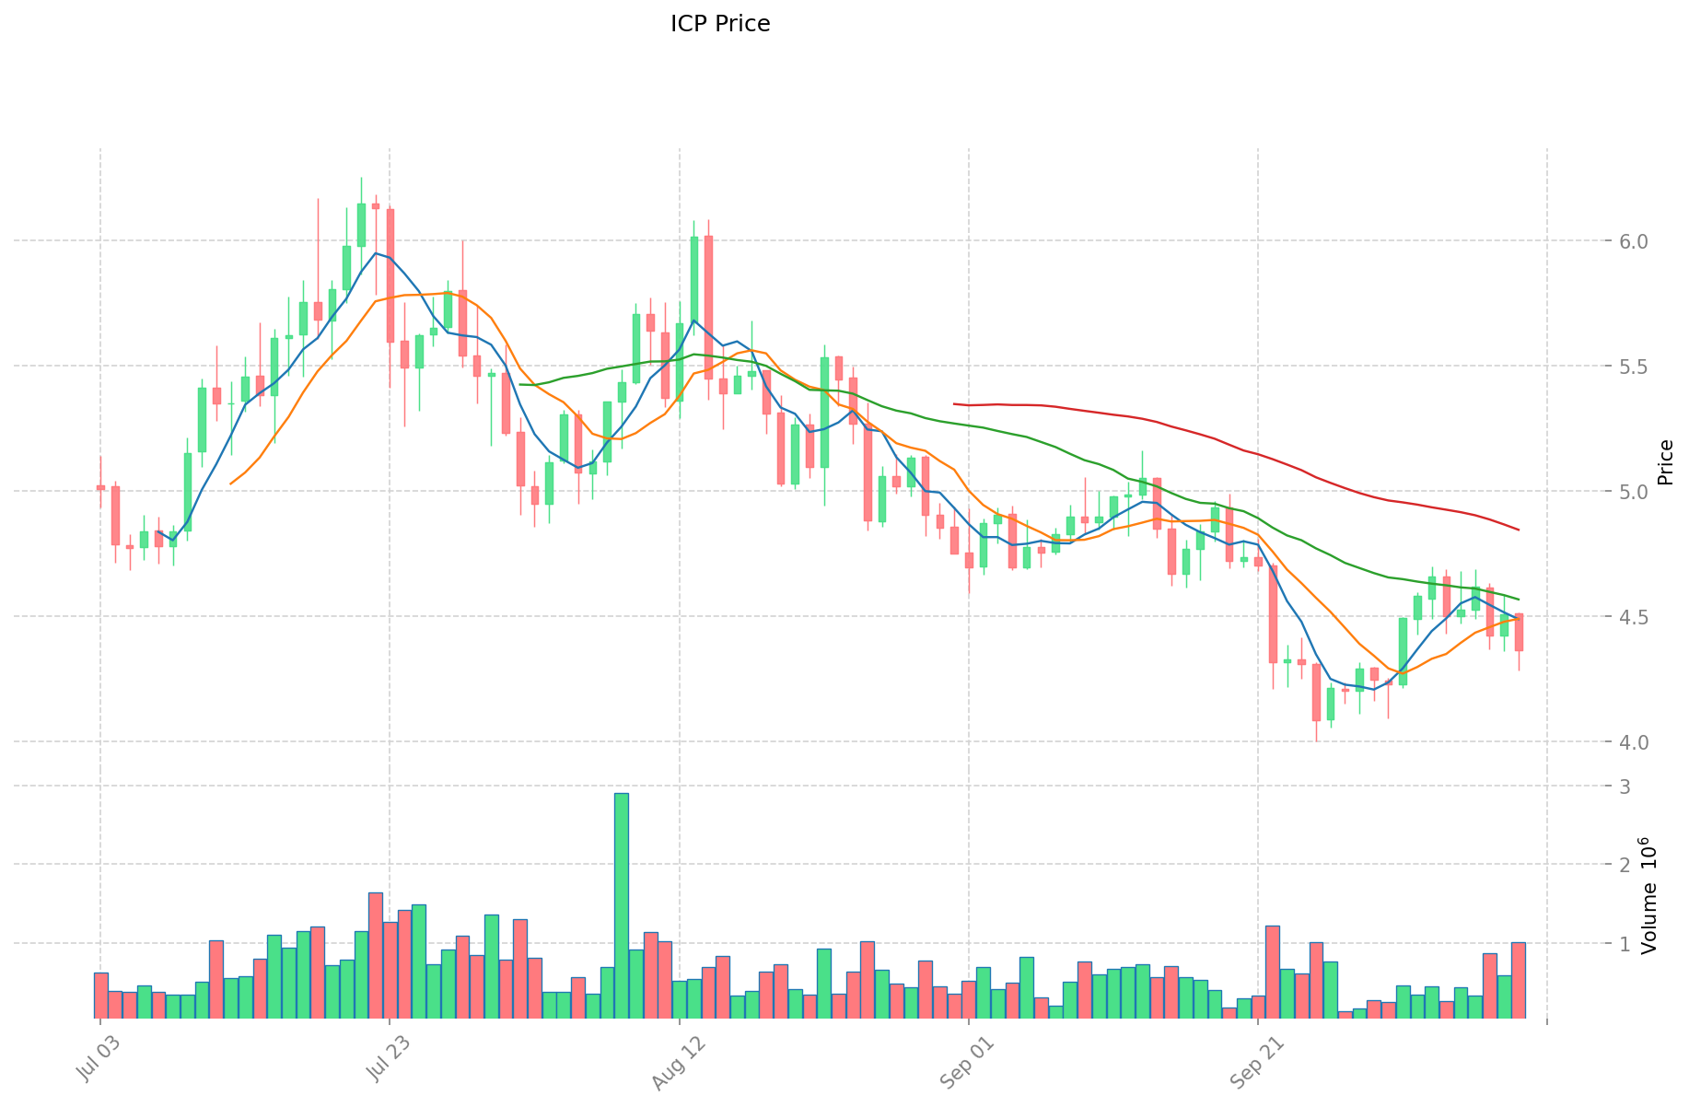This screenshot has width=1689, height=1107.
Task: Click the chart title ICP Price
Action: [720, 24]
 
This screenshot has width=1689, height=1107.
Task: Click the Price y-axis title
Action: [1665, 462]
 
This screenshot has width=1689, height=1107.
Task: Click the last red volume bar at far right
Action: [1519, 980]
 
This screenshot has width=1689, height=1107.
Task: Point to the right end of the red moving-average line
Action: [1519, 530]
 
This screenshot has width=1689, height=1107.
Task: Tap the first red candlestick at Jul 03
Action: [100, 487]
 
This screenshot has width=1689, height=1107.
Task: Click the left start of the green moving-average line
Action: [520, 384]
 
